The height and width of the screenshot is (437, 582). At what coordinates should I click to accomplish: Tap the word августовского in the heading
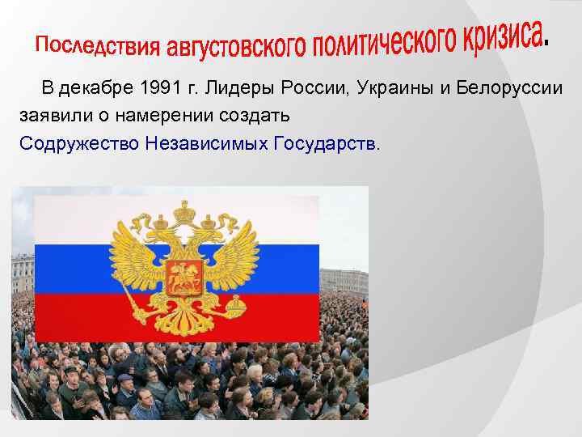(x=234, y=49)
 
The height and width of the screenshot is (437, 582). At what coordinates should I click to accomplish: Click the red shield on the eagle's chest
(x=184, y=278)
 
